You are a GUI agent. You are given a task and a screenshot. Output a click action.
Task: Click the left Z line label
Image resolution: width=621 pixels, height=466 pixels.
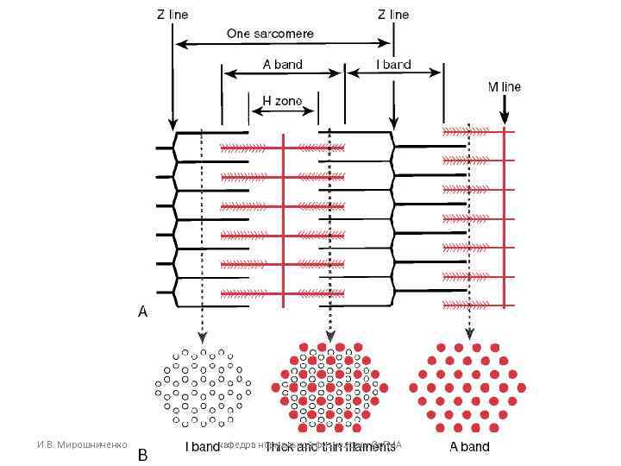point(172,14)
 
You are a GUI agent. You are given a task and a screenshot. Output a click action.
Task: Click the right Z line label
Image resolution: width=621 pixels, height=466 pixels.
point(393,14)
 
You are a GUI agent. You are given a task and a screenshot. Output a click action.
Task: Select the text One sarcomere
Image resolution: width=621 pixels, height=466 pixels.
point(270,34)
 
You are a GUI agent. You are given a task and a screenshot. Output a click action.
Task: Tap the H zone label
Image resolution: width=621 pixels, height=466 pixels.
point(282,101)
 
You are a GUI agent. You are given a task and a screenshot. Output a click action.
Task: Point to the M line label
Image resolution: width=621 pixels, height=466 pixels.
point(505,87)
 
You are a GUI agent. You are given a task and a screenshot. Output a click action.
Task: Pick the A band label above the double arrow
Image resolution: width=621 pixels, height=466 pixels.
point(282,65)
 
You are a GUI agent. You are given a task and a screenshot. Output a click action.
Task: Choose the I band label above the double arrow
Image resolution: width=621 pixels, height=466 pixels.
point(393,65)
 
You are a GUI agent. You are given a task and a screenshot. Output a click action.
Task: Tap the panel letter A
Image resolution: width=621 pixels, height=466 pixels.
point(143,313)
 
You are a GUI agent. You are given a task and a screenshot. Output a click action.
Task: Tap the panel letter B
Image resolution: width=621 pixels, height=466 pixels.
point(143,453)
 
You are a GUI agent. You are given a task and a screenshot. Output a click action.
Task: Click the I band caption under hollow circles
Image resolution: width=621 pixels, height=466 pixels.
point(203,447)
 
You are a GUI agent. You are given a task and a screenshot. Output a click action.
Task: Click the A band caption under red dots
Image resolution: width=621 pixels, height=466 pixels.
point(469,447)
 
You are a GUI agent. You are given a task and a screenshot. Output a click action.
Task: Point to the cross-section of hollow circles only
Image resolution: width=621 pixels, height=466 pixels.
point(203,387)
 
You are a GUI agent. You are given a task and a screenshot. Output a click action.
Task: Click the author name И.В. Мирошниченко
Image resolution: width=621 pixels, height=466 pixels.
point(81,444)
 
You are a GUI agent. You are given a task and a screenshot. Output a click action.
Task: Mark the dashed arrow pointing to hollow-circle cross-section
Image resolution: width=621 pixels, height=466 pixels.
point(201,233)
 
